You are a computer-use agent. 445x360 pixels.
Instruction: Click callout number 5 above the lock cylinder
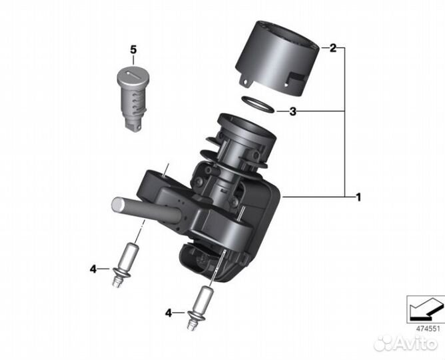point(133,50)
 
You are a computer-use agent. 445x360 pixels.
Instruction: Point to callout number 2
point(332,49)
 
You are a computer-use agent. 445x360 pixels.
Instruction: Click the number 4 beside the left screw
point(93,269)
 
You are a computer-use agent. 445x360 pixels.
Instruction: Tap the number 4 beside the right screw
point(168,311)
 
